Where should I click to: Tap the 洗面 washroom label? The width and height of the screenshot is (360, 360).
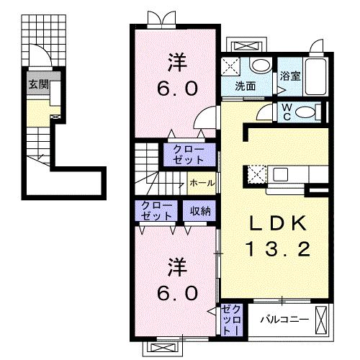click(246, 86)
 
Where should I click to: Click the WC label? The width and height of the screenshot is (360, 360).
click(287, 112)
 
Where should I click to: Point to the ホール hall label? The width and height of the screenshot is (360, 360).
click(201, 183)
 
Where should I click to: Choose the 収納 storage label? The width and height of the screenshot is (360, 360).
click(200, 211)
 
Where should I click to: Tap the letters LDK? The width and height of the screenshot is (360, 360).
click(272, 223)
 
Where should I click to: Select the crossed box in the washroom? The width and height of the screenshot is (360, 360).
click(233, 65)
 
